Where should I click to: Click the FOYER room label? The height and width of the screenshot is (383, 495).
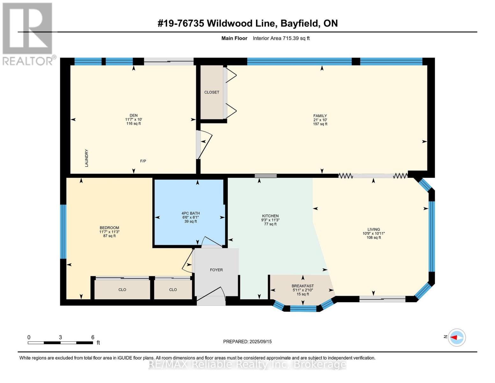click(216, 270)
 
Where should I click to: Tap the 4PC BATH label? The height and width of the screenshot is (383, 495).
click(191, 213)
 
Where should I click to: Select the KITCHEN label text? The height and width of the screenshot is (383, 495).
click(270, 216)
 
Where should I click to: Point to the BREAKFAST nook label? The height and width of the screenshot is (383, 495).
click(302, 286)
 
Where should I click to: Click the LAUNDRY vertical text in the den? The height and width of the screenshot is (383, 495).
click(86, 158)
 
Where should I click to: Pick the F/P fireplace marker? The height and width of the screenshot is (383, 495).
click(143, 161)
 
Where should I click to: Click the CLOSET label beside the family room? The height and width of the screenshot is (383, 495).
click(212, 92)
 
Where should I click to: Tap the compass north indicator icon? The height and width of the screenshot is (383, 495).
click(456, 337)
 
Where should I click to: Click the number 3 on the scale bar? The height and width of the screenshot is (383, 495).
click(60, 337)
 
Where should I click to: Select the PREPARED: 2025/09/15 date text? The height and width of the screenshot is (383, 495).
click(247, 342)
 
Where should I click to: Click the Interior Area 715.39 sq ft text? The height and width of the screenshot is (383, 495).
click(281, 38)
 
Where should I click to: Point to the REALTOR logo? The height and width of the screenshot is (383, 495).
click(28, 34)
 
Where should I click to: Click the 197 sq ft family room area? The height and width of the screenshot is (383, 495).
click(320, 124)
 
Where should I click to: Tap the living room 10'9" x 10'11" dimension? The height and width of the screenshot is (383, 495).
click(374, 233)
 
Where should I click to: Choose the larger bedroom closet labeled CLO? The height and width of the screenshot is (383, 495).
click(122, 290)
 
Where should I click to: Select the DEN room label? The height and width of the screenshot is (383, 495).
click(134, 116)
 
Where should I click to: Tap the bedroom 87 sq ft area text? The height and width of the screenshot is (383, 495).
click(109, 236)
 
